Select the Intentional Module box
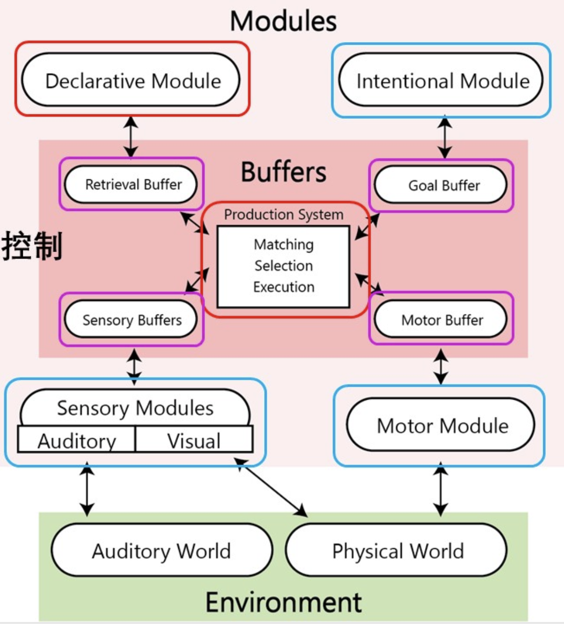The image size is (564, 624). [x=442, y=81]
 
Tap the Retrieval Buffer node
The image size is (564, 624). [x=131, y=185]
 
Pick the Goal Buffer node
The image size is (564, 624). [x=441, y=185]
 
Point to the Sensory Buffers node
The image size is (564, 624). [x=131, y=320]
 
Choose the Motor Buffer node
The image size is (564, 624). [x=441, y=320]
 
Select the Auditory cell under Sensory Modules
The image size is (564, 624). [x=77, y=440]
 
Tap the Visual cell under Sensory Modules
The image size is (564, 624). [x=194, y=440]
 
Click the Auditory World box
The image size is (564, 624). [x=162, y=551]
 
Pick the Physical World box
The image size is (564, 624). [x=397, y=551]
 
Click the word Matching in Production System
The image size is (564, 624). [x=283, y=245]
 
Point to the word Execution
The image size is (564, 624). [x=283, y=287]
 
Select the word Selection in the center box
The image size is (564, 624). [x=283, y=266]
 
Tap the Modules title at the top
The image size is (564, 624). [x=283, y=21]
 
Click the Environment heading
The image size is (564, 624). [x=283, y=602]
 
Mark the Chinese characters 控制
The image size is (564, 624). [x=32, y=246]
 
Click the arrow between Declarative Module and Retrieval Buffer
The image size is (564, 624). [x=131, y=137]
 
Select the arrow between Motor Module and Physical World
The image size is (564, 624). [x=440, y=489]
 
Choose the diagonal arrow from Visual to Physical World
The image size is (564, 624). [x=271, y=487]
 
